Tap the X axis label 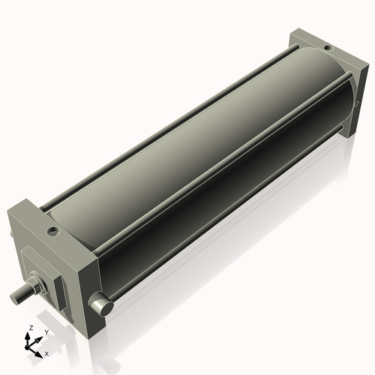[47, 352]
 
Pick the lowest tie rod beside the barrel [225, 217]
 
